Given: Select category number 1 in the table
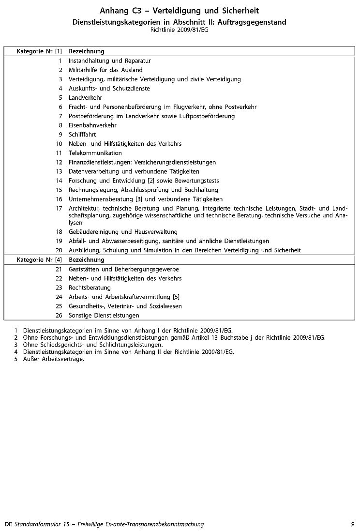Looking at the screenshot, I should pyautogui.click(x=60, y=61).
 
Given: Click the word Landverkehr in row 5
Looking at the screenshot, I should pyautogui.click(x=85, y=98).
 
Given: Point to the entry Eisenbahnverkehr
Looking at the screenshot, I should pyautogui.click(x=92, y=125).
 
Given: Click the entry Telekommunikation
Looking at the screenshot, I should pyautogui.click(x=95, y=153).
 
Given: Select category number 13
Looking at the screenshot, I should pyautogui.click(x=59, y=171).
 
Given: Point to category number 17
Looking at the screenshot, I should pyautogui.click(x=59, y=208).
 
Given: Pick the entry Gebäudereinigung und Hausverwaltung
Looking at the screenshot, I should pyautogui.click(x=123, y=232).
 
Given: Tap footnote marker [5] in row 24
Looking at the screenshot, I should pyautogui.click(x=176, y=297).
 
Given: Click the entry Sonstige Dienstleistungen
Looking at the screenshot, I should pyautogui.click(x=104, y=315).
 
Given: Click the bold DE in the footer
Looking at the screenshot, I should pyautogui.click(x=8, y=524).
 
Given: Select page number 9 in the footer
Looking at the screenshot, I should pyautogui.click(x=353, y=524).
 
